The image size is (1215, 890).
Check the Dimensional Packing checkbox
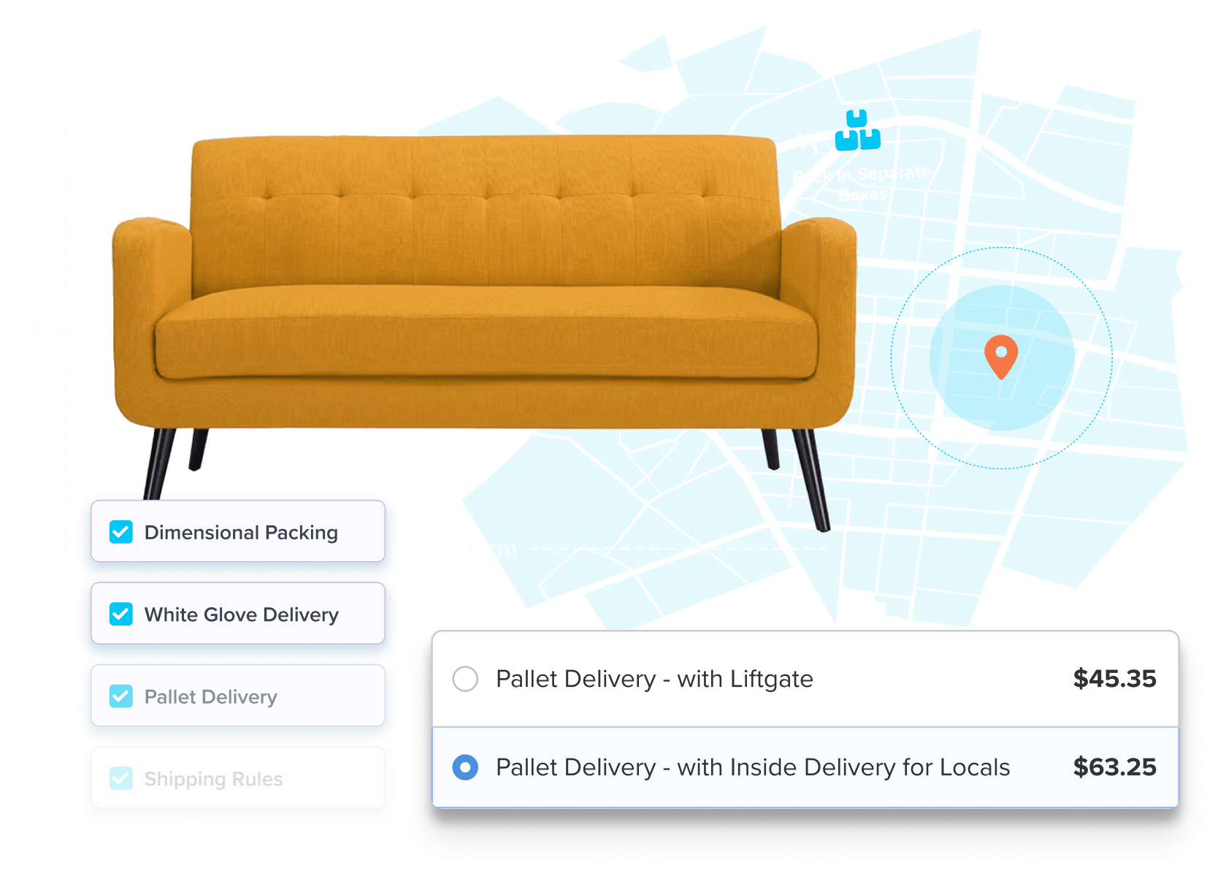[121, 532]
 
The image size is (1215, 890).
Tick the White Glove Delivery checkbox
[121, 614]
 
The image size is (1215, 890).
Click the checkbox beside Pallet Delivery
[121, 696]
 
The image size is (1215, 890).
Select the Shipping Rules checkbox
[121, 778]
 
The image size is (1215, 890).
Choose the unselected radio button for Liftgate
[465, 679]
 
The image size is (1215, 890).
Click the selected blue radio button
[465, 767]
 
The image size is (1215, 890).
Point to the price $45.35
[1114, 679]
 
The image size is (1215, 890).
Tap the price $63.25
[1114, 767]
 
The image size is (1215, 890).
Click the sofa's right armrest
[819, 307]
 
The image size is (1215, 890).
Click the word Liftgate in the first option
[771, 679]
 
